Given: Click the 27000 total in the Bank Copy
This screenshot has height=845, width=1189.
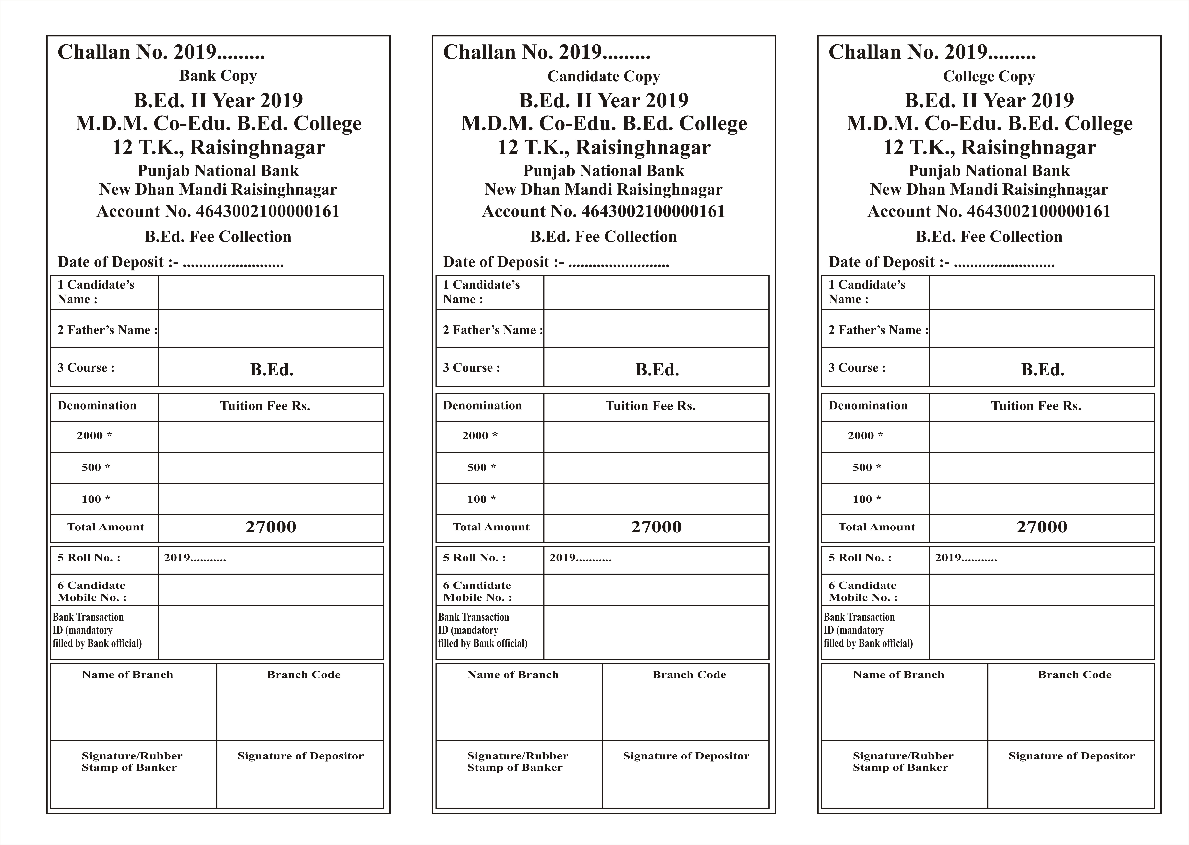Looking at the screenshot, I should pyautogui.click(x=271, y=527).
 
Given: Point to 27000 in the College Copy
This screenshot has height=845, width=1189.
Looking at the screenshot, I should pyautogui.click(x=1042, y=527).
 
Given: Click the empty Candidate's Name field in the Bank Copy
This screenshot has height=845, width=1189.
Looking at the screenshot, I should pyautogui.click(x=271, y=292).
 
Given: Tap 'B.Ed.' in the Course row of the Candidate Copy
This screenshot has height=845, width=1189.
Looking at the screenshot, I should pyautogui.click(x=657, y=369).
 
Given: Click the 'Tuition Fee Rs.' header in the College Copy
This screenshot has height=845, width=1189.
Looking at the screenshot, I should pyautogui.click(x=1036, y=406).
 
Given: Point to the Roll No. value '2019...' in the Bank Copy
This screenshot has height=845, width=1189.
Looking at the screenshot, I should pyautogui.click(x=195, y=558).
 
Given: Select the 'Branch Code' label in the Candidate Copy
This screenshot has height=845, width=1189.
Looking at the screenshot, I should pyautogui.click(x=689, y=675).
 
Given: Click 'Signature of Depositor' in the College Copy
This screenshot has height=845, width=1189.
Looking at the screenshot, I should pyautogui.click(x=1071, y=756).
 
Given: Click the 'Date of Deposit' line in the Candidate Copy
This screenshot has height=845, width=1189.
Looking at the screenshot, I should pyautogui.click(x=556, y=262).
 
